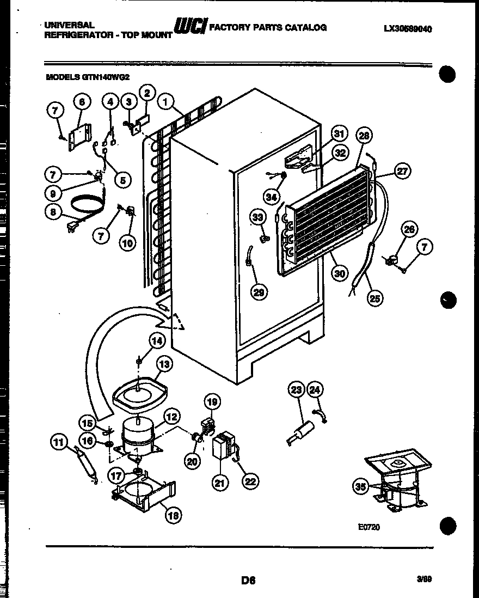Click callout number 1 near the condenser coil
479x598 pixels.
click(x=166, y=101)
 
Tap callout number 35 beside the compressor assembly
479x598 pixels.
click(x=360, y=487)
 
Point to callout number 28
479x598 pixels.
click(x=364, y=136)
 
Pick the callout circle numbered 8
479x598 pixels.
click(x=53, y=213)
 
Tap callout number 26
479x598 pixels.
click(x=409, y=230)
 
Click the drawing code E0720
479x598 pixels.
click(x=369, y=527)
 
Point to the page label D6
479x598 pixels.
click(x=248, y=581)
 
